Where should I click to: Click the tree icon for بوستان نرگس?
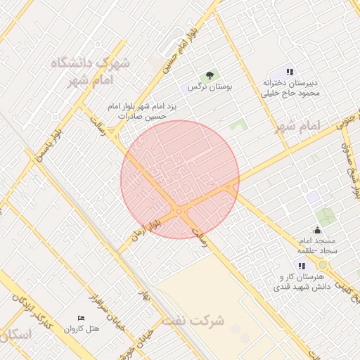coord(209,75)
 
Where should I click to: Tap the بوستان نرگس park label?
coord(209,87)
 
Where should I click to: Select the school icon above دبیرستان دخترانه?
coord(289,72)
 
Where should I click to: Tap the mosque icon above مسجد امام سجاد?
coord(317,230)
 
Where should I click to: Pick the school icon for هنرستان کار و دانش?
coord(301,266)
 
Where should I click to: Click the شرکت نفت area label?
coord(193,321)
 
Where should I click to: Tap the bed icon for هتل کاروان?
coord(80,319)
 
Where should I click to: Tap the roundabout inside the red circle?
coord(181,210)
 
